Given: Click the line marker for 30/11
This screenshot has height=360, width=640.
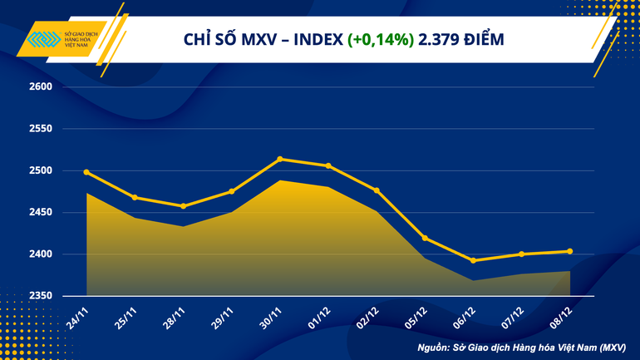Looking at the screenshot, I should click(280, 159).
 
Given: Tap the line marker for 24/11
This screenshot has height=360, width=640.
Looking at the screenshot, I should click(87, 172).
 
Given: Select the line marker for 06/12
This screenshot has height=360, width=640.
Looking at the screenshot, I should click(473, 260).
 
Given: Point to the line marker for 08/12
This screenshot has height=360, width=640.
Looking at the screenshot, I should click(569, 251).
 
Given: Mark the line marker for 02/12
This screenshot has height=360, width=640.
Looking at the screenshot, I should click(377, 190).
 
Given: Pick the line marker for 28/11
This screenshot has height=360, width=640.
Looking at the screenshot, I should click(184, 206).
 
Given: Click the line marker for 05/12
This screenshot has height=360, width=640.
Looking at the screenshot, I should click(425, 239).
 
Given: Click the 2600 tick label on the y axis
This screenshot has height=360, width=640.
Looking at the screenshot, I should click(41, 87).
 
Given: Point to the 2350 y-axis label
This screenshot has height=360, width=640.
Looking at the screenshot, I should click(41, 296).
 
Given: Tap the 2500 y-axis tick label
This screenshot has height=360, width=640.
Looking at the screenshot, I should click(41, 170).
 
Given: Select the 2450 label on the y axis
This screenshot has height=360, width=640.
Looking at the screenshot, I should click(41, 213).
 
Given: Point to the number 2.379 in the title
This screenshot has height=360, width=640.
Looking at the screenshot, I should click(441, 39).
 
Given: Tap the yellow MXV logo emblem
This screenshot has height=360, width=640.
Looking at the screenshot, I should click(41, 41).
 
